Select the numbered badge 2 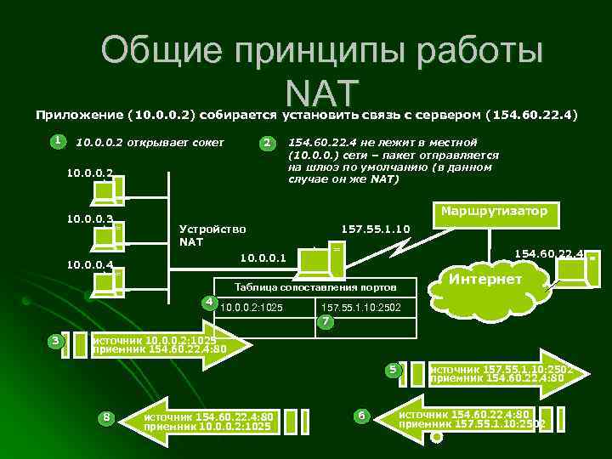tap(266, 143)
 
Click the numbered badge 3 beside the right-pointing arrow tap(55, 341)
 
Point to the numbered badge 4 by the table tap(207, 302)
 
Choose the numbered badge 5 tap(392, 370)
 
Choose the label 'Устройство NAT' tap(212, 235)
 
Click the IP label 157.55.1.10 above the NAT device tap(375, 229)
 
